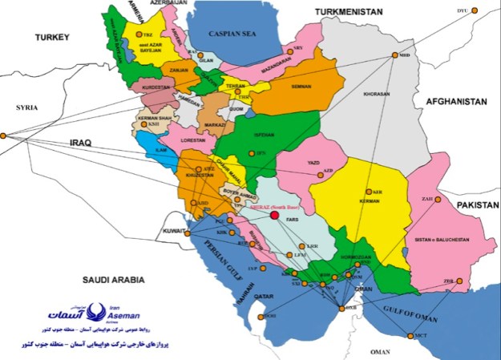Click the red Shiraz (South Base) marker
pyautogui.click(x=274, y=214)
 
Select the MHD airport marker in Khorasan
pyautogui.click(x=394, y=55)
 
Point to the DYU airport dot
pyautogui.click(x=474, y=10)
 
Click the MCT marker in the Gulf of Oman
pyautogui.click(x=411, y=336)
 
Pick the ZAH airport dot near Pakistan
pyautogui.click(x=437, y=200)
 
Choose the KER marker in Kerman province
pyautogui.click(x=368, y=192)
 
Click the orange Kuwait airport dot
pyautogui.click(x=188, y=233)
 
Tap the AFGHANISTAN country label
pyautogui.click(x=456, y=103)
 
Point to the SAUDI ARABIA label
pyautogui.click(x=111, y=279)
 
